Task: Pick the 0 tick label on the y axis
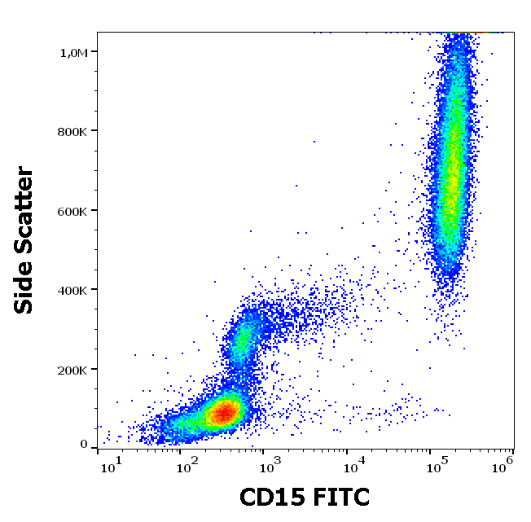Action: point(84,444)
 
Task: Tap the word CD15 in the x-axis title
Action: point(271,496)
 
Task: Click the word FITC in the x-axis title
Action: point(338,496)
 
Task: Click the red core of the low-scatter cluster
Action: point(223,412)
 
